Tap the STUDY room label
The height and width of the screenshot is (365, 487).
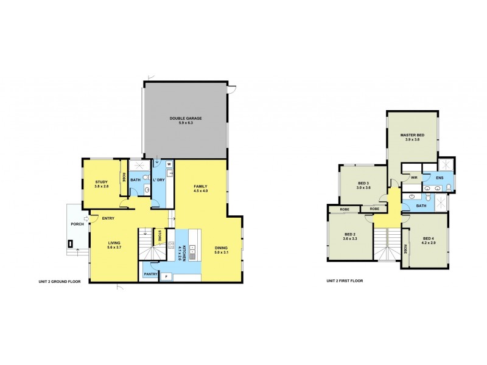101,182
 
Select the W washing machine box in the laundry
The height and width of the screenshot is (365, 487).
169,164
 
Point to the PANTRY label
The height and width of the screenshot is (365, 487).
150,274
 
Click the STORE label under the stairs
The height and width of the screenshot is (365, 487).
159,236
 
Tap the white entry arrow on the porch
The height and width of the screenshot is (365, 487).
86,220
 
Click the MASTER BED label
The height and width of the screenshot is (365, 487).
412,134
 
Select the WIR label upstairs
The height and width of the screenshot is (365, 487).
413,178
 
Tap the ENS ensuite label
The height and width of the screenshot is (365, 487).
440,178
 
